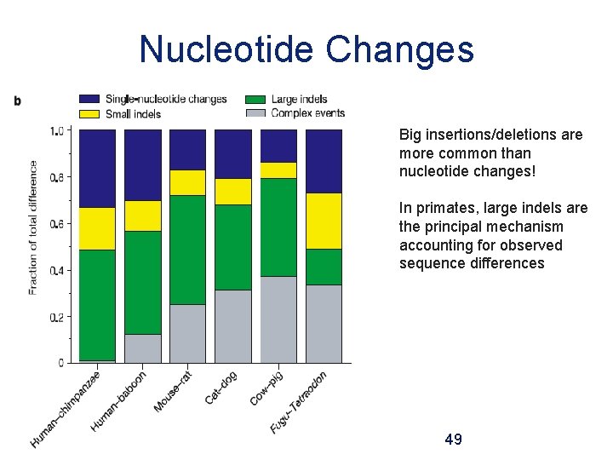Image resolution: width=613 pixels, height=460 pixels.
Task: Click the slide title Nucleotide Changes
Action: pyautogui.click(x=306, y=49)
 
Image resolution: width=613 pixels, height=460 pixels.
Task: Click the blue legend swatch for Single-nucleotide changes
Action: pyautogui.click(x=90, y=100)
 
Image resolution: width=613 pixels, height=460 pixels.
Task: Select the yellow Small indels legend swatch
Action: pyautogui.click(x=90, y=113)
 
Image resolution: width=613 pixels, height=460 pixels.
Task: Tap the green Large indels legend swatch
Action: pyautogui.click(x=257, y=100)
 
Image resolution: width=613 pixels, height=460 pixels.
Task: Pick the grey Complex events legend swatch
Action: pyautogui.click(x=257, y=113)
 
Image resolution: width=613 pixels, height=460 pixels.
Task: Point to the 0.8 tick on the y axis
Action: pyautogui.click(x=57, y=177)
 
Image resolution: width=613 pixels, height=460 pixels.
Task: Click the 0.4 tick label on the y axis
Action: pyautogui.click(x=57, y=271)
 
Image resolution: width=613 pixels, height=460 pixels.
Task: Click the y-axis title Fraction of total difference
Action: pyautogui.click(x=33, y=227)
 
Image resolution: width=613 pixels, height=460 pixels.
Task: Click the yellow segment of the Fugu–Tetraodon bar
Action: pyautogui.click(x=324, y=221)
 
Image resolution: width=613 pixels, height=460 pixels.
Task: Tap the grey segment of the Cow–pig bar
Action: pyautogui.click(x=278, y=319)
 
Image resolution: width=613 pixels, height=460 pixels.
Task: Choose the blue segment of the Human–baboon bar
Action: pyautogui.click(x=142, y=164)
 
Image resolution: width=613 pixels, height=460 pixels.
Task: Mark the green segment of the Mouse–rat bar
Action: pyautogui.click(x=187, y=249)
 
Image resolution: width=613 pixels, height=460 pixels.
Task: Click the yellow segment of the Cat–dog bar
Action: pyautogui.click(x=232, y=191)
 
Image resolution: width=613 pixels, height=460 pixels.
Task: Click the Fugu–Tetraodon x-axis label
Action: pyautogui.click(x=299, y=401)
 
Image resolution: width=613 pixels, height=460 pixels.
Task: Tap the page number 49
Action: pyautogui.click(x=454, y=440)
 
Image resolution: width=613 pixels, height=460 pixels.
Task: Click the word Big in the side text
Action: pyautogui.click(x=411, y=135)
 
